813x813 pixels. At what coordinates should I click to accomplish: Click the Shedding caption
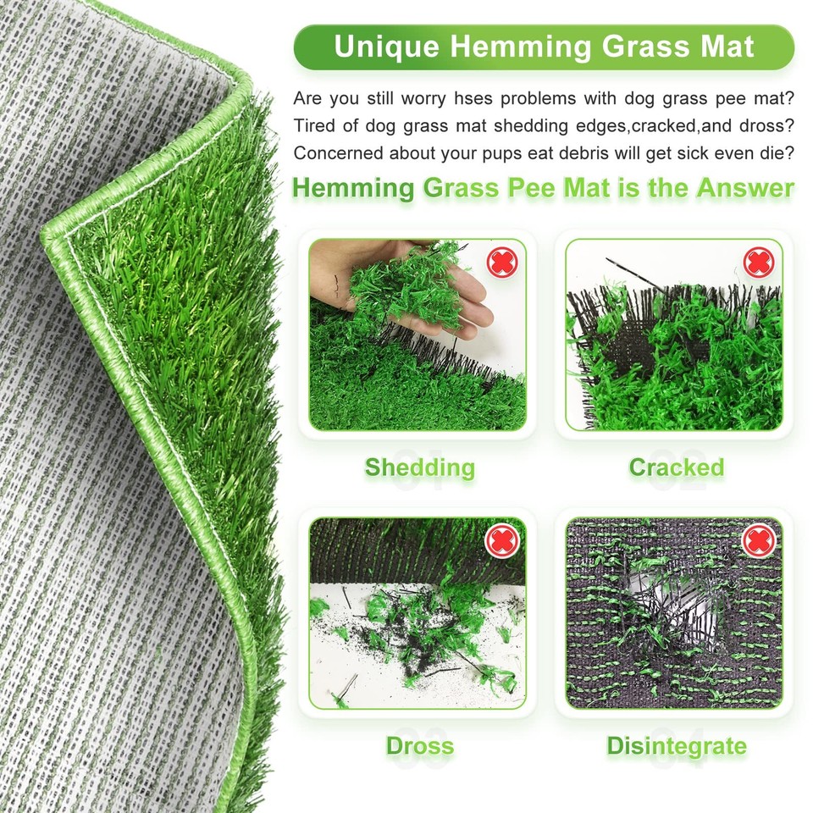(x=419, y=467)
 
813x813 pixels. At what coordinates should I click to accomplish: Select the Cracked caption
(x=676, y=467)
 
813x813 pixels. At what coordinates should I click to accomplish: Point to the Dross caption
(x=419, y=746)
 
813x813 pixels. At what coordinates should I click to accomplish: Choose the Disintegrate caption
(x=676, y=746)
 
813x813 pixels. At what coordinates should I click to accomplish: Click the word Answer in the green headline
(x=744, y=188)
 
